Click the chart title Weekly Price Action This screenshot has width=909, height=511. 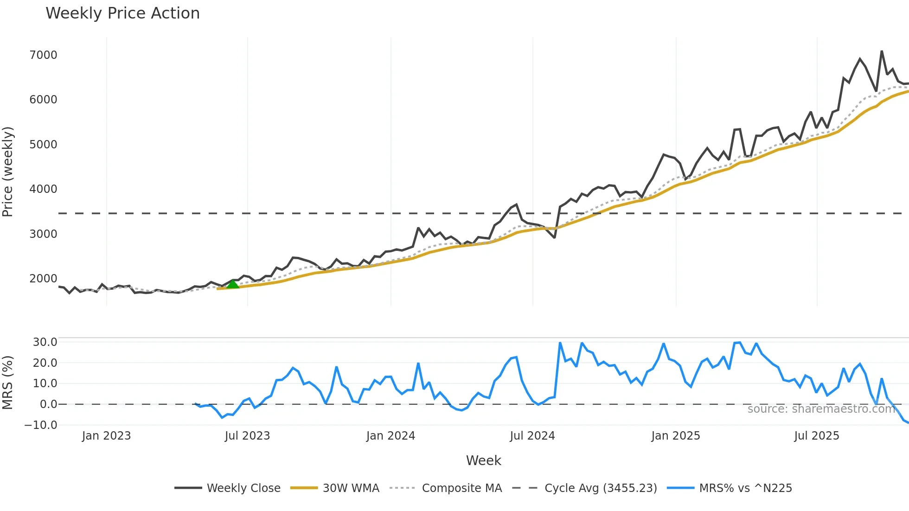tap(122, 13)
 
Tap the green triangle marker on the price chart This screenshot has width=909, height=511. tap(232, 284)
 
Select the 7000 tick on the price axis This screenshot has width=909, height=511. tap(43, 55)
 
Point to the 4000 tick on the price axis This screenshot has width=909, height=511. tap(43, 189)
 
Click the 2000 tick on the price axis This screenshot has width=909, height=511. tap(43, 279)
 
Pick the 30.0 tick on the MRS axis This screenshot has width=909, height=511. tap(45, 342)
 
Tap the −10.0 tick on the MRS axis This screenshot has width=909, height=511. tap(41, 425)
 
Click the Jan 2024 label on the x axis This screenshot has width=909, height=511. tap(390, 436)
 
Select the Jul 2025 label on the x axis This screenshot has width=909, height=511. tap(816, 436)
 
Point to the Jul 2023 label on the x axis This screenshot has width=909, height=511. tap(247, 436)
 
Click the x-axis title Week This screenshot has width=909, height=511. tap(483, 460)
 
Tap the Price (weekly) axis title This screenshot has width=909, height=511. tap(8, 172)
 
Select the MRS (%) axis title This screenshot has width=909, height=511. tap(8, 383)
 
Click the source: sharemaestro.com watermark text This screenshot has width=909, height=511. tap(821, 409)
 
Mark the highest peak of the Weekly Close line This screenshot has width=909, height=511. tap(882, 51)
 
